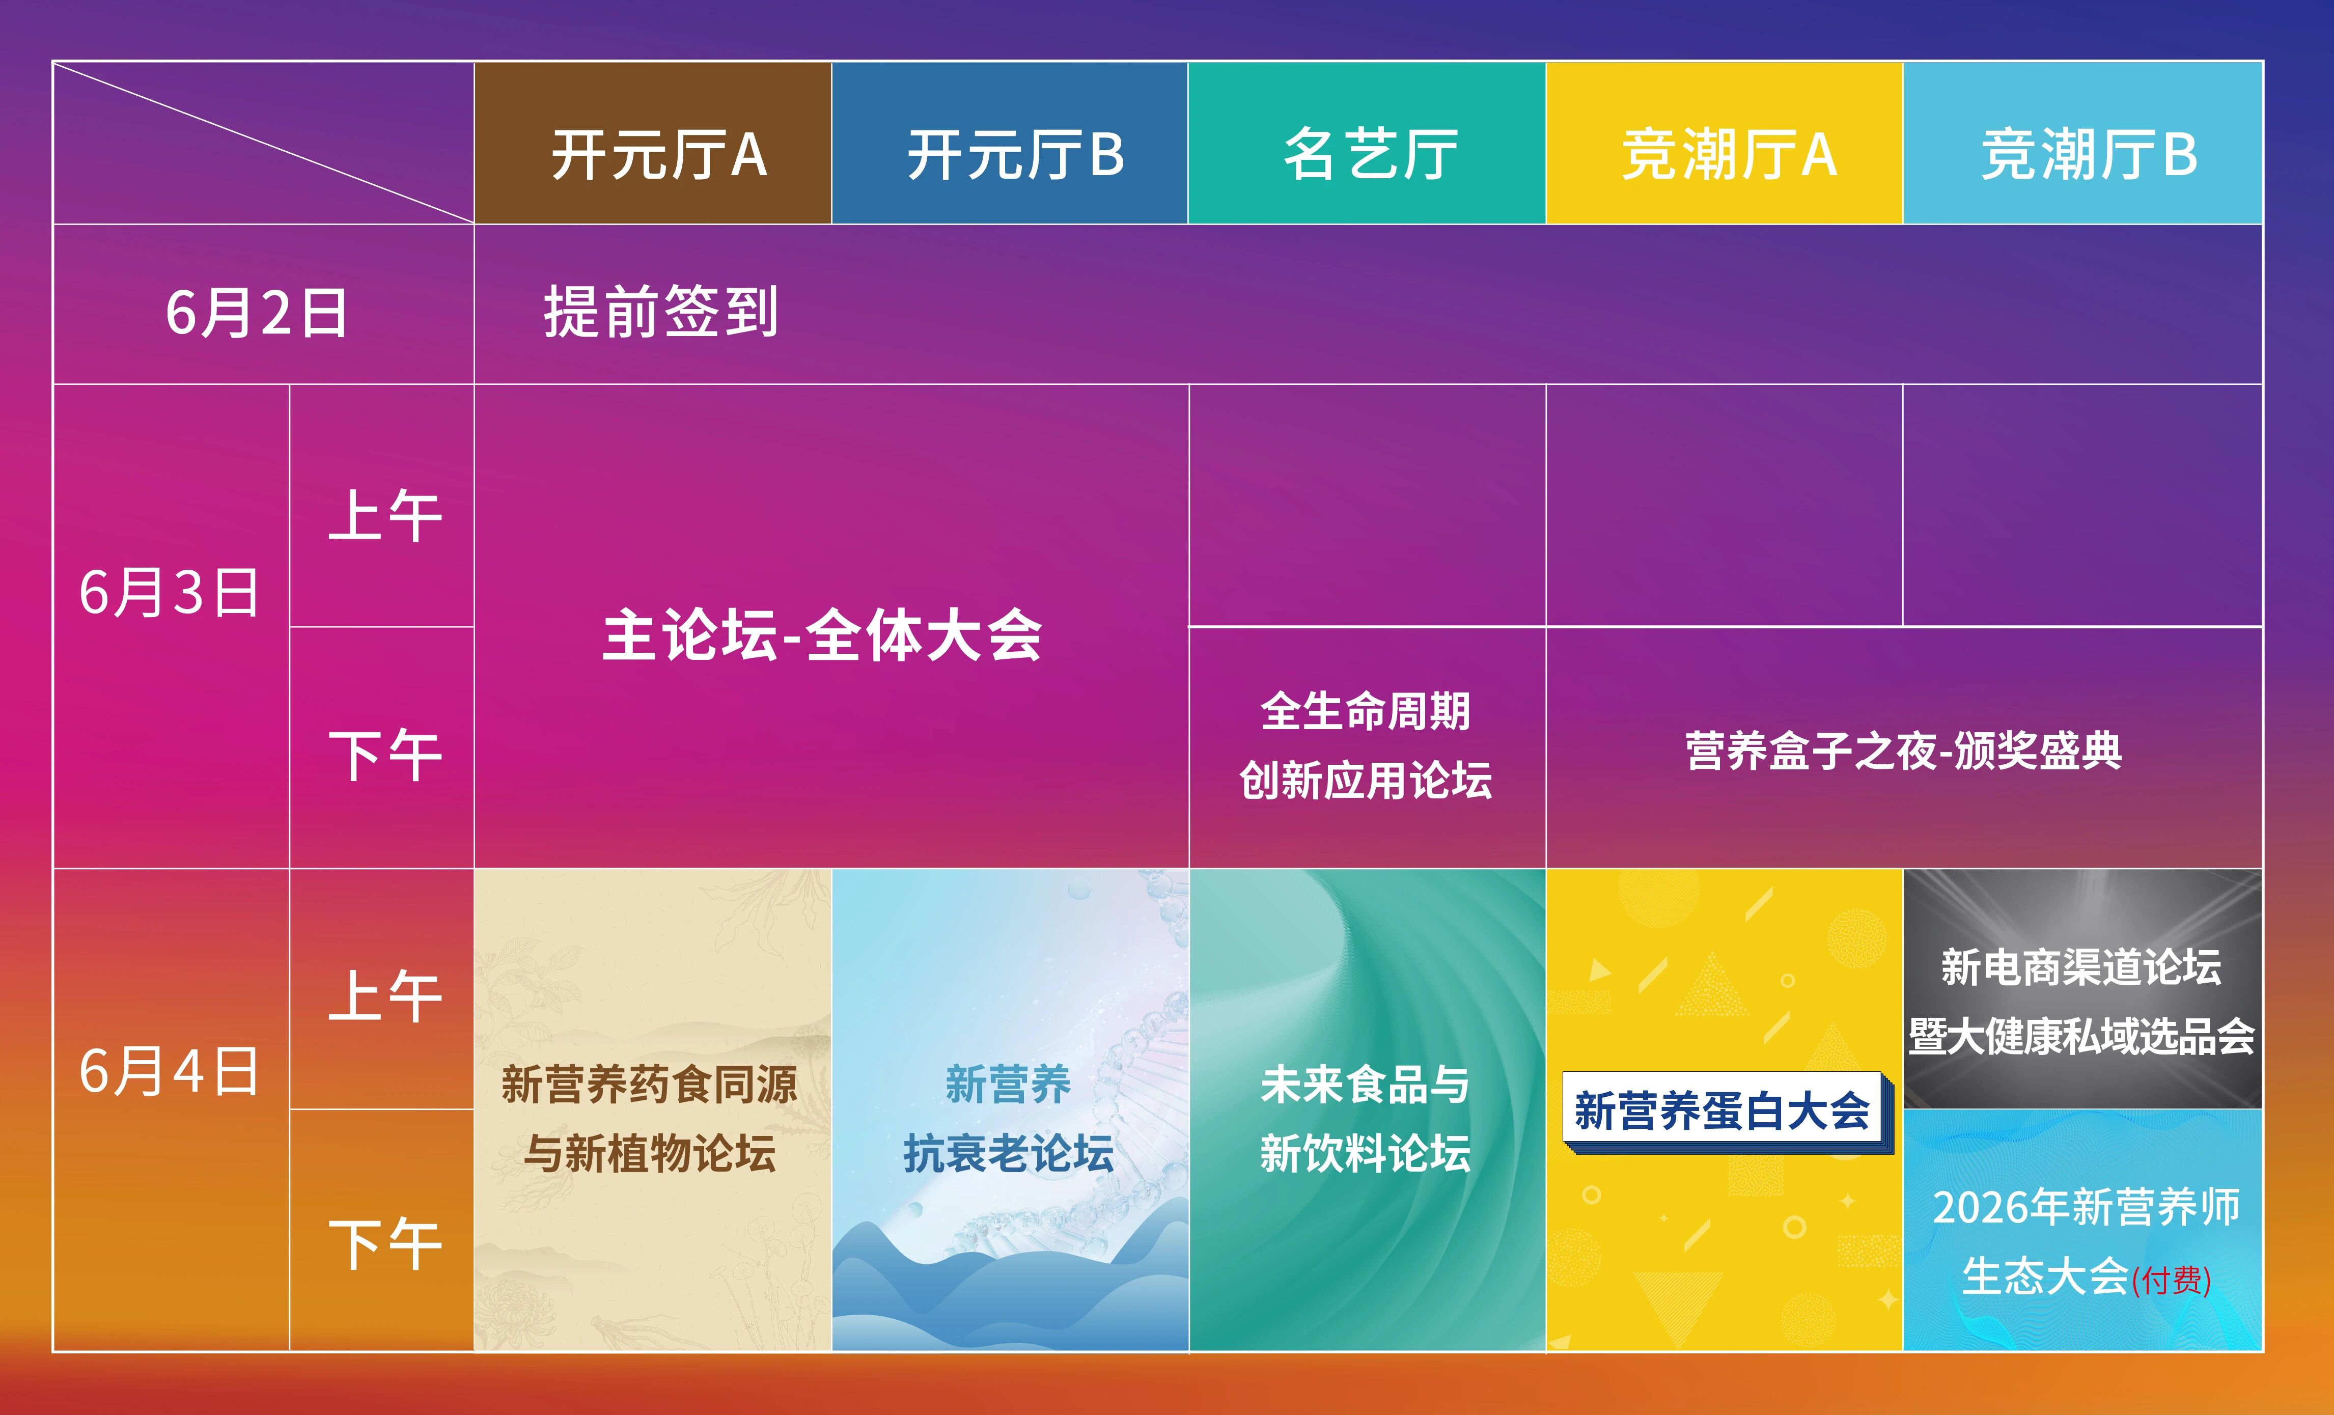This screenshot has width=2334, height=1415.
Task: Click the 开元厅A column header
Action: (x=653, y=143)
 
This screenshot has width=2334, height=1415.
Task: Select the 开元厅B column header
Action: (x=1010, y=143)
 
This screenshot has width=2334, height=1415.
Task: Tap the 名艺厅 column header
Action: (x=1367, y=143)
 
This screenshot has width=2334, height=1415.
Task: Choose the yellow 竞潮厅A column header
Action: (x=1724, y=143)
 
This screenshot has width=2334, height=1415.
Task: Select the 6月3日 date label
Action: (x=170, y=592)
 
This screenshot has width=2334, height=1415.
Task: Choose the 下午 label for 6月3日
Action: (x=384, y=755)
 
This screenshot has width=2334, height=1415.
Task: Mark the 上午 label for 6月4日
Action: (x=384, y=995)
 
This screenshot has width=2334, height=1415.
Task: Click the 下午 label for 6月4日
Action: (x=384, y=1243)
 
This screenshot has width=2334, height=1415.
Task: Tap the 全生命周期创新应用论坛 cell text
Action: (x=1366, y=745)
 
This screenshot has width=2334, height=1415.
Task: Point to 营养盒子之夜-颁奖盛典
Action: (x=1904, y=750)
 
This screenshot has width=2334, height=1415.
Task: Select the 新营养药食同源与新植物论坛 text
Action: (x=650, y=1119)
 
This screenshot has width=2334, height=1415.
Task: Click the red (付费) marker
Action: (x=2170, y=1280)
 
